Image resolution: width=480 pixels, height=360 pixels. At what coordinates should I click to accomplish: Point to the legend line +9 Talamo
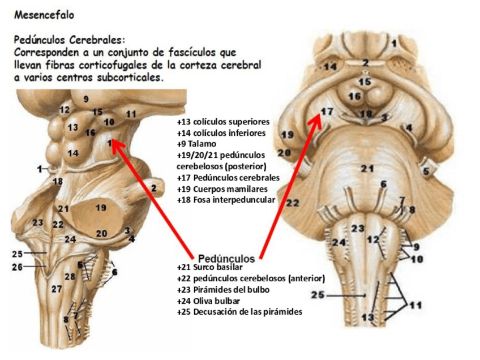196,144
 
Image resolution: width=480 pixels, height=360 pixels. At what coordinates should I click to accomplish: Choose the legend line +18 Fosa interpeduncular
225,200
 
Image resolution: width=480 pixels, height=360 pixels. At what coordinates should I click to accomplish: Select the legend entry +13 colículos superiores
223,122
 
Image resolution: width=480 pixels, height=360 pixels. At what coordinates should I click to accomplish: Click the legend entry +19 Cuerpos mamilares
221,188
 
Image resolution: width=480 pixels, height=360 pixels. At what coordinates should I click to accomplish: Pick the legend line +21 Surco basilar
209,267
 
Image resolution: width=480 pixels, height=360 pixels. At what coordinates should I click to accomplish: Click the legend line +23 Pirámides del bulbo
223,289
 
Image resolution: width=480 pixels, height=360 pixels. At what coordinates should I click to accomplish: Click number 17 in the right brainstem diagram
327,112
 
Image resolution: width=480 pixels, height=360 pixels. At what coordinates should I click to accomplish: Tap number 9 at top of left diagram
86,100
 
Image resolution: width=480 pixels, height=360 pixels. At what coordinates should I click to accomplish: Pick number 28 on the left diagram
70,276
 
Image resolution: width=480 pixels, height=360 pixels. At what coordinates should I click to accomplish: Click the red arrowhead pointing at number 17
315,121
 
